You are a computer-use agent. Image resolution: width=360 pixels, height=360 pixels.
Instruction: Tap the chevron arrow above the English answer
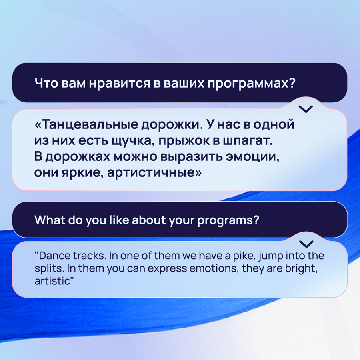306,244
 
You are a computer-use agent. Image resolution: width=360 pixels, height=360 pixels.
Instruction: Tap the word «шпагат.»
248,141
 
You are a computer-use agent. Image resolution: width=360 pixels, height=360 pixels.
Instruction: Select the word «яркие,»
82,173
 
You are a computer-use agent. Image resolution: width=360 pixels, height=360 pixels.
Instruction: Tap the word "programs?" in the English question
228,220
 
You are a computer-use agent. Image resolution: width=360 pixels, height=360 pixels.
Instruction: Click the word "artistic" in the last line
52,281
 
